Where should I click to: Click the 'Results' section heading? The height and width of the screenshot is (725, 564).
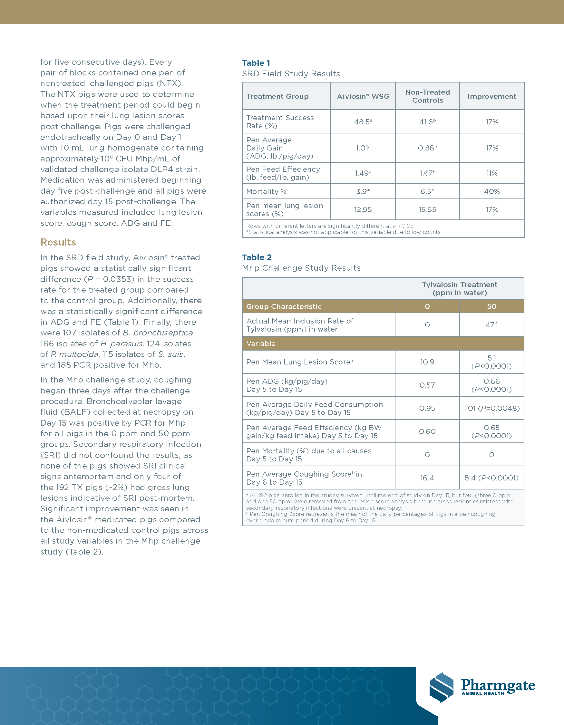(58, 242)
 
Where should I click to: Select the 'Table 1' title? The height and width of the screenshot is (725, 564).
(256, 63)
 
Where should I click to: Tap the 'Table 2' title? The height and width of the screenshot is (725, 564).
(257, 257)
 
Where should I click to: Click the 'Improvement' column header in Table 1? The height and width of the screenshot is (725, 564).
(491, 97)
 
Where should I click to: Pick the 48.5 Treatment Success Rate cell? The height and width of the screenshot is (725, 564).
(363, 122)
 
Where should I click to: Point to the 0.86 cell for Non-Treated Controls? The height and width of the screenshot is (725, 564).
(427, 148)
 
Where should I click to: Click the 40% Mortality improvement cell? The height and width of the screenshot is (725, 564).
(491, 191)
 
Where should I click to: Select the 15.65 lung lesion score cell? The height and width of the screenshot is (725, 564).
(427, 209)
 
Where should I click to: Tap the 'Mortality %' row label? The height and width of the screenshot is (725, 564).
(266, 191)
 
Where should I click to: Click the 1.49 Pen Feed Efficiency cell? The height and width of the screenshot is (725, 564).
(363, 173)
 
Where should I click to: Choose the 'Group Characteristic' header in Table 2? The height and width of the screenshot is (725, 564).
(284, 306)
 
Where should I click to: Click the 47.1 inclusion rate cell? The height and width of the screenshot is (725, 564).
(491, 325)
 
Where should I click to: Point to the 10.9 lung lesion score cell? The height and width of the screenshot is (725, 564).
(427, 362)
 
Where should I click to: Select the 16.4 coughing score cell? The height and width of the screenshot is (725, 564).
(427, 478)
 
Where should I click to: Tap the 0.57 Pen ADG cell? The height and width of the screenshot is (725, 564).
(427, 385)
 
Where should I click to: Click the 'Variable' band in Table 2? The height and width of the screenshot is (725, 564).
(261, 343)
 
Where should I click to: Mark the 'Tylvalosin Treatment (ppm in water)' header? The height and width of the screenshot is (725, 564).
(460, 288)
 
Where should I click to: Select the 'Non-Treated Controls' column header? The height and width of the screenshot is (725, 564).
(427, 96)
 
